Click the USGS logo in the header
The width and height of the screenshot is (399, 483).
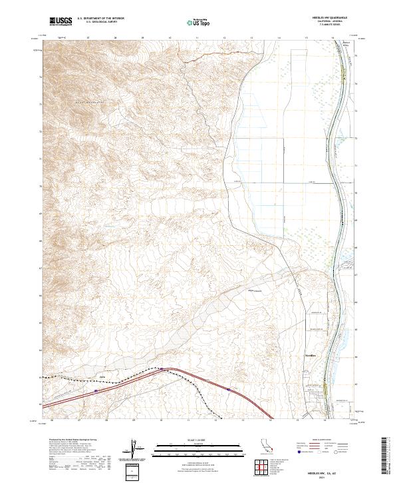click(x=61, y=22)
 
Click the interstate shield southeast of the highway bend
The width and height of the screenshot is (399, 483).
click(x=228, y=390)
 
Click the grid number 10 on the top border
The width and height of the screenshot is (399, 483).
click(x=170, y=39)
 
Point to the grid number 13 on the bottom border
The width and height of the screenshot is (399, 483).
click(x=243, y=422)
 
